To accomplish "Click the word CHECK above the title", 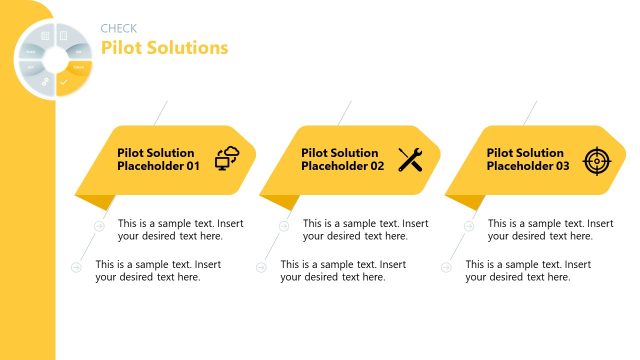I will click(119, 28).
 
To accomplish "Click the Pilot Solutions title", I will click(164, 47).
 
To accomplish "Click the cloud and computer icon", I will click(228, 159).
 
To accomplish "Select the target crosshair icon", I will click(596, 159).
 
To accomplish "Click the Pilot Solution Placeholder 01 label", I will click(159, 160).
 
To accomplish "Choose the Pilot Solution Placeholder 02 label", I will click(343, 160).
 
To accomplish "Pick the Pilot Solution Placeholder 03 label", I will click(528, 160).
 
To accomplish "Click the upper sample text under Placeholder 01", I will click(180, 230).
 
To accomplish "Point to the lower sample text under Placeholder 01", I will click(158, 270).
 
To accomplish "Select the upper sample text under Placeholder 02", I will click(365, 230).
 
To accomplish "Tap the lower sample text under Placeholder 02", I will click(343, 270).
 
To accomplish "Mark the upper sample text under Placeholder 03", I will click(550, 230).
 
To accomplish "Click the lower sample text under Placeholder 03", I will click(528, 270).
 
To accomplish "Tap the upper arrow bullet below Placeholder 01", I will click(99, 226).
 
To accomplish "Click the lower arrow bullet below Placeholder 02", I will click(262, 267).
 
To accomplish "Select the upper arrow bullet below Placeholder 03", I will click(469, 226).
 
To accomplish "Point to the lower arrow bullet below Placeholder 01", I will click(77, 267).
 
